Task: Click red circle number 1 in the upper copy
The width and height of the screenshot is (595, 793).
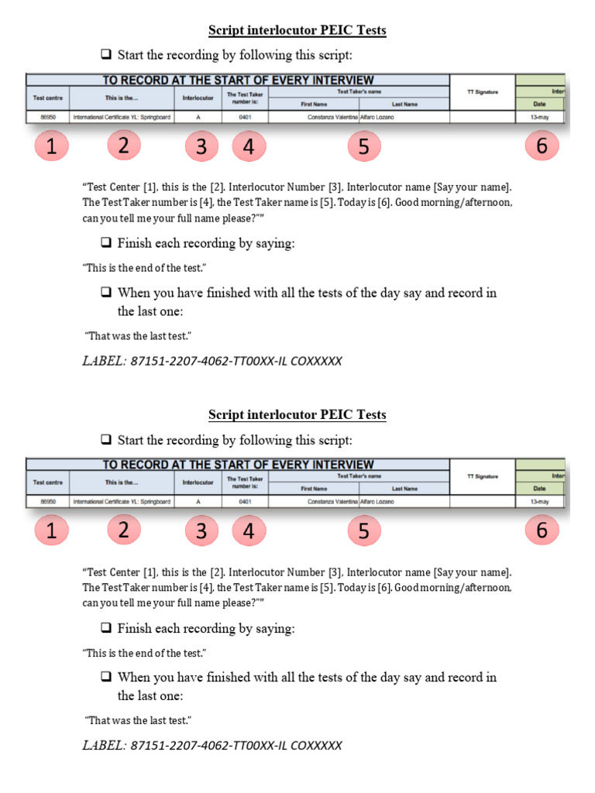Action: (51, 146)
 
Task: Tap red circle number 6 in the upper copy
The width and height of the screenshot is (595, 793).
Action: (542, 146)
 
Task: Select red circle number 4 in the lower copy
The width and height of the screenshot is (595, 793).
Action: (249, 530)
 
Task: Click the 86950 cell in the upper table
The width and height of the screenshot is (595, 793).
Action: (48, 118)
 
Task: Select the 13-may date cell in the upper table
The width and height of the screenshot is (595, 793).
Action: (539, 118)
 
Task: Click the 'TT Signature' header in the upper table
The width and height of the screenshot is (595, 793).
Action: (482, 92)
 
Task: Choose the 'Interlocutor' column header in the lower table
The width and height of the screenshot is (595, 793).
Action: (198, 482)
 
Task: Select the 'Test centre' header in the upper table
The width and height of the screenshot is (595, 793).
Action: (48, 98)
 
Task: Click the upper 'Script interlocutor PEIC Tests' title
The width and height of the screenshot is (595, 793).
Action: (297, 31)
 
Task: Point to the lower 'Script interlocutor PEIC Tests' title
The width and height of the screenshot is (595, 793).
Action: (297, 415)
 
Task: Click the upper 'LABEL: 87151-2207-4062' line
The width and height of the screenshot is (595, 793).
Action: (212, 362)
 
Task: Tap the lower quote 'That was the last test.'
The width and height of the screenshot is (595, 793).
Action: (138, 720)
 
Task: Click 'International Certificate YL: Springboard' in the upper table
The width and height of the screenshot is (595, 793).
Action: (122, 118)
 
